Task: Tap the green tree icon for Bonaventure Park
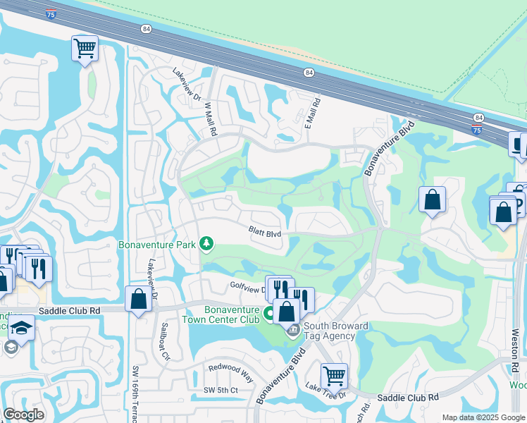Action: [206, 244]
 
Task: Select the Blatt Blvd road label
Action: [265, 231]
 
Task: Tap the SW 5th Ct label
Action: [221, 390]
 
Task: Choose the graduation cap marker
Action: [22, 327]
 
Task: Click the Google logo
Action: [24, 415]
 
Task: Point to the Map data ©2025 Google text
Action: [484, 417]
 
